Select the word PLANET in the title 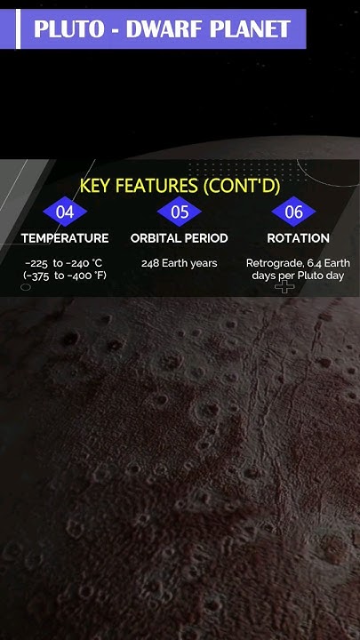coord(252,29)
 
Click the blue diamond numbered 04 coord(65,212)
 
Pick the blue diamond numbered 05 coord(180,212)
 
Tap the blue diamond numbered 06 coord(293,212)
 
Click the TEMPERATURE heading coord(65,238)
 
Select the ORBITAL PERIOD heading coord(180,238)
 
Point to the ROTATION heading coord(298,238)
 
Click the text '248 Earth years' coord(180,263)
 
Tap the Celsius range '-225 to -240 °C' coord(65,263)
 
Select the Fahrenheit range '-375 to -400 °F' coord(65,276)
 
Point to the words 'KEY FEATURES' coord(139,186)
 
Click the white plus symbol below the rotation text coord(284,287)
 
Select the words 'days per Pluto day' coord(298,276)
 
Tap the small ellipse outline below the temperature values coord(26,287)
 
